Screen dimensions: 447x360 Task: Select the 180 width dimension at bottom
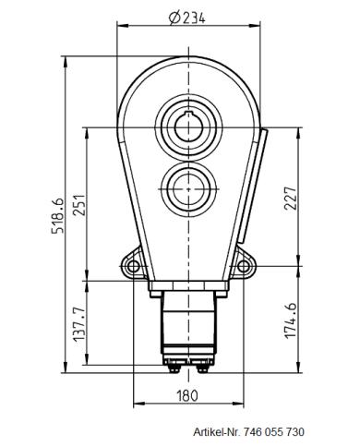pos(188,396)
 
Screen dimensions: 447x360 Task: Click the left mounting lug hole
pos(135,268)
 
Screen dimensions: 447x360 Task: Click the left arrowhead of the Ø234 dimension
pos(120,27)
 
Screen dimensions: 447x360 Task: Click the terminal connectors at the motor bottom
pos(188,368)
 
